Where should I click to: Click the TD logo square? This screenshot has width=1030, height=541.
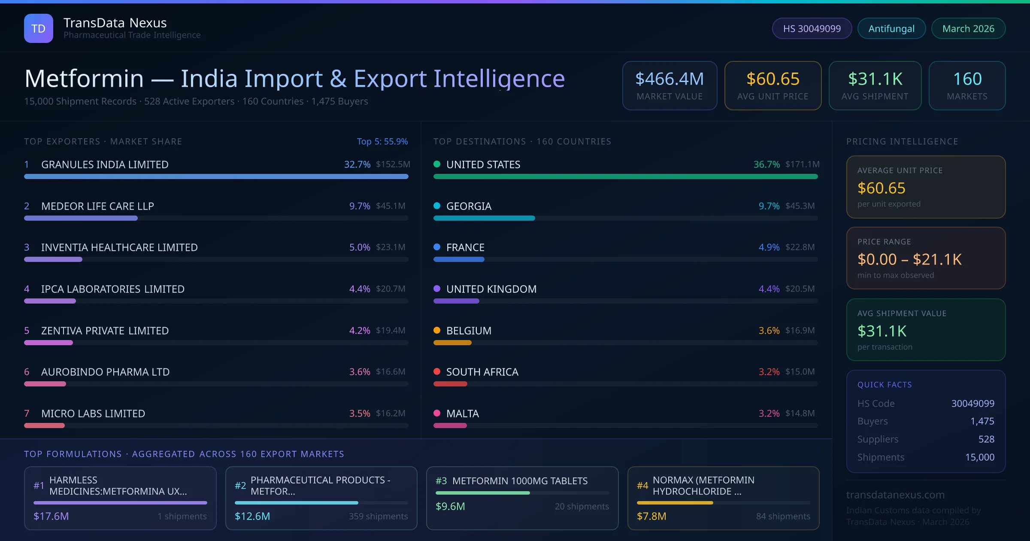39,28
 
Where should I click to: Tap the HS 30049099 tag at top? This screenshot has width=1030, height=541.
812,28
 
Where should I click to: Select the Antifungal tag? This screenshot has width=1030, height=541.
891,28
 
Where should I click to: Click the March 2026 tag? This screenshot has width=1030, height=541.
968,28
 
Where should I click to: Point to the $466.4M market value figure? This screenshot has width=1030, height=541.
669,79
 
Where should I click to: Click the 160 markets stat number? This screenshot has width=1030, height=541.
967,79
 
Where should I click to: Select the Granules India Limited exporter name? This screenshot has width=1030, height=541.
105,164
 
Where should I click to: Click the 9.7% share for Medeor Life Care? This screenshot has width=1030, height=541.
360,206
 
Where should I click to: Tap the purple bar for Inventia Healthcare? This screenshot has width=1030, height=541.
53,259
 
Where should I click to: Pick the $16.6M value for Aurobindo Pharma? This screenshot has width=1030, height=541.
391,372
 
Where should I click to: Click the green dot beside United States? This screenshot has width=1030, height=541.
437,164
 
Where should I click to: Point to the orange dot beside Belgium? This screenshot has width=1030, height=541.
437,330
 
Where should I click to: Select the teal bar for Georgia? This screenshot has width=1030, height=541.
484,218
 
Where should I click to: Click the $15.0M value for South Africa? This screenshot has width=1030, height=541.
800,372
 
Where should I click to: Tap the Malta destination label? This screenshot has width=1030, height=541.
463,413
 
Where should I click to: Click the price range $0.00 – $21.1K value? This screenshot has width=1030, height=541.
909,259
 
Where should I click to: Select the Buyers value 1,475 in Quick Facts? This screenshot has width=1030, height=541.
982,421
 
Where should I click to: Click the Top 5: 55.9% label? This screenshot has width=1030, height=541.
382,141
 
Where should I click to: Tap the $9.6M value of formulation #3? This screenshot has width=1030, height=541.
450,506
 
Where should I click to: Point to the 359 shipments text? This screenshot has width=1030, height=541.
378,516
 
